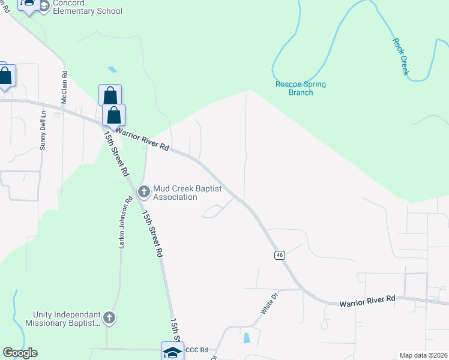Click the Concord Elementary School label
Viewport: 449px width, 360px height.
[88, 7]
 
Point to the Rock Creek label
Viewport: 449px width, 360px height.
[401, 56]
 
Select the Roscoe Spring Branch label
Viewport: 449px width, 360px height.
[300, 88]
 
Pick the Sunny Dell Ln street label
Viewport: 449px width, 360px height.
[43, 128]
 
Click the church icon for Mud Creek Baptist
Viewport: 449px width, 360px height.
[143, 192]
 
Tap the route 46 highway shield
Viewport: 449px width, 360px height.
[280, 255]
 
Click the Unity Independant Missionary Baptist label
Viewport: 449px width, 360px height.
[63, 319]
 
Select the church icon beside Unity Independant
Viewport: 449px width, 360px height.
[109, 318]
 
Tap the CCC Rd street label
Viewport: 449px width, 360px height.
[196, 350]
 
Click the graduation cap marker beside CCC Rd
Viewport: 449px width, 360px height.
[172, 352]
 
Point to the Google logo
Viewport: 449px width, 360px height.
[20, 353]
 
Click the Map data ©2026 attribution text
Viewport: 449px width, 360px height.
[423, 355]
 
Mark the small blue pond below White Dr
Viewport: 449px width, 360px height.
[247, 338]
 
